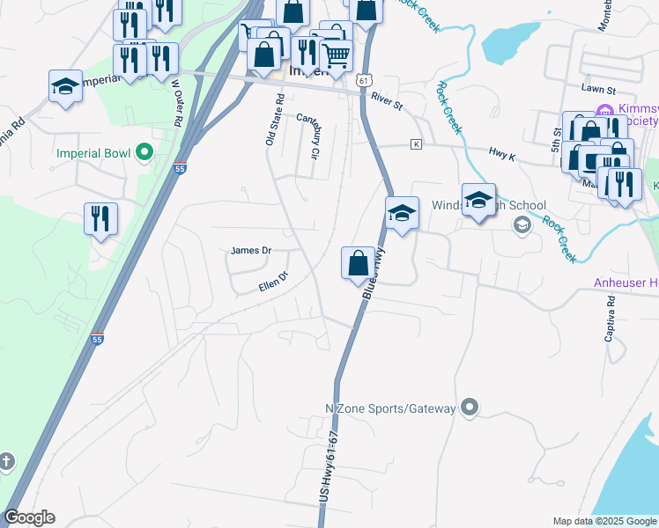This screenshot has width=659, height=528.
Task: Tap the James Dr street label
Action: pyautogui.click(x=251, y=251)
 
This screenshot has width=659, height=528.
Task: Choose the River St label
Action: pyautogui.click(x=386, y=101)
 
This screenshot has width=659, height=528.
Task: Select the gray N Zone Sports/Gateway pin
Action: pyautogui.click(x=470, y=407)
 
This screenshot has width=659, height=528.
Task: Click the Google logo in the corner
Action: pyautogui.click(x=29, y=517)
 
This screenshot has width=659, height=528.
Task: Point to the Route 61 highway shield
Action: pyautogui.click(x=363, y=80)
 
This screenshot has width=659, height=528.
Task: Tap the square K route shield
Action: pyautogui.click(x=417, y=144)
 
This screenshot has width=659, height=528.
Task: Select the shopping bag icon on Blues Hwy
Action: pyautogui.click(x=358, y=263)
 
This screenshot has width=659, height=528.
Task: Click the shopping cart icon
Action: pyautogui.click(x=336, y=55)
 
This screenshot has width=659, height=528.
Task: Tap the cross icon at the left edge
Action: pyautogui.click(x=5, y=461)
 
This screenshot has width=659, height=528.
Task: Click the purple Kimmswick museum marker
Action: pyautogui.click(x=603, y=111)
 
